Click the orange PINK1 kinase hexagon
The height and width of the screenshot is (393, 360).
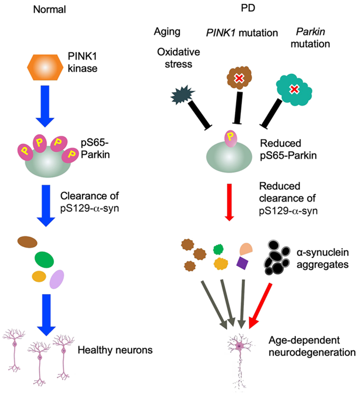pos(45,67)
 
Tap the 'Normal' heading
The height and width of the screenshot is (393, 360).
pos(49,10)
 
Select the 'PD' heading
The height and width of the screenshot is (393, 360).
pos(248,8)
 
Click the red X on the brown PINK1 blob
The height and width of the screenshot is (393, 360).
pos(239,79)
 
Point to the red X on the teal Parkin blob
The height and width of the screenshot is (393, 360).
pos(294,89)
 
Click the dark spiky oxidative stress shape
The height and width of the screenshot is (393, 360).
pos(182,95)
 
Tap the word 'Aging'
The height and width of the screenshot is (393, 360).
pos(167,32)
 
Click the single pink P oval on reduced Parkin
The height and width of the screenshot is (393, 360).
pos(231,138)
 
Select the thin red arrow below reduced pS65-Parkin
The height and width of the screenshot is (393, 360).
pos(229,202)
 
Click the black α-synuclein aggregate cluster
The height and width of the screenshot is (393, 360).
pos(277,258)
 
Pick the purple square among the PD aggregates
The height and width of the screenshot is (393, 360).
pos(242,263)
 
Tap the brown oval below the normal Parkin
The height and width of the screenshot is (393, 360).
pos(27,242)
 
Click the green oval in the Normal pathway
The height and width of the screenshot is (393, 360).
pos(44,260)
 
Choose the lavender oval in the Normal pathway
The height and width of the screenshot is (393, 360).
pos(57,279)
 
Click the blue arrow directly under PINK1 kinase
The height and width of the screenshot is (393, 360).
pos(45,106)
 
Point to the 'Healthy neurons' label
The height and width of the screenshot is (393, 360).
pos(115,350)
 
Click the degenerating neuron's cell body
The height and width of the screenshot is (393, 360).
pos(240,346)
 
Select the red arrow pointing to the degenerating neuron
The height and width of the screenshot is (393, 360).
pos(260,306)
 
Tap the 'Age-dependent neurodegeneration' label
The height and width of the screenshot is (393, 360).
pos(312,346)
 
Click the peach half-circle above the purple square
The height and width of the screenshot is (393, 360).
pos(246,249)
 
